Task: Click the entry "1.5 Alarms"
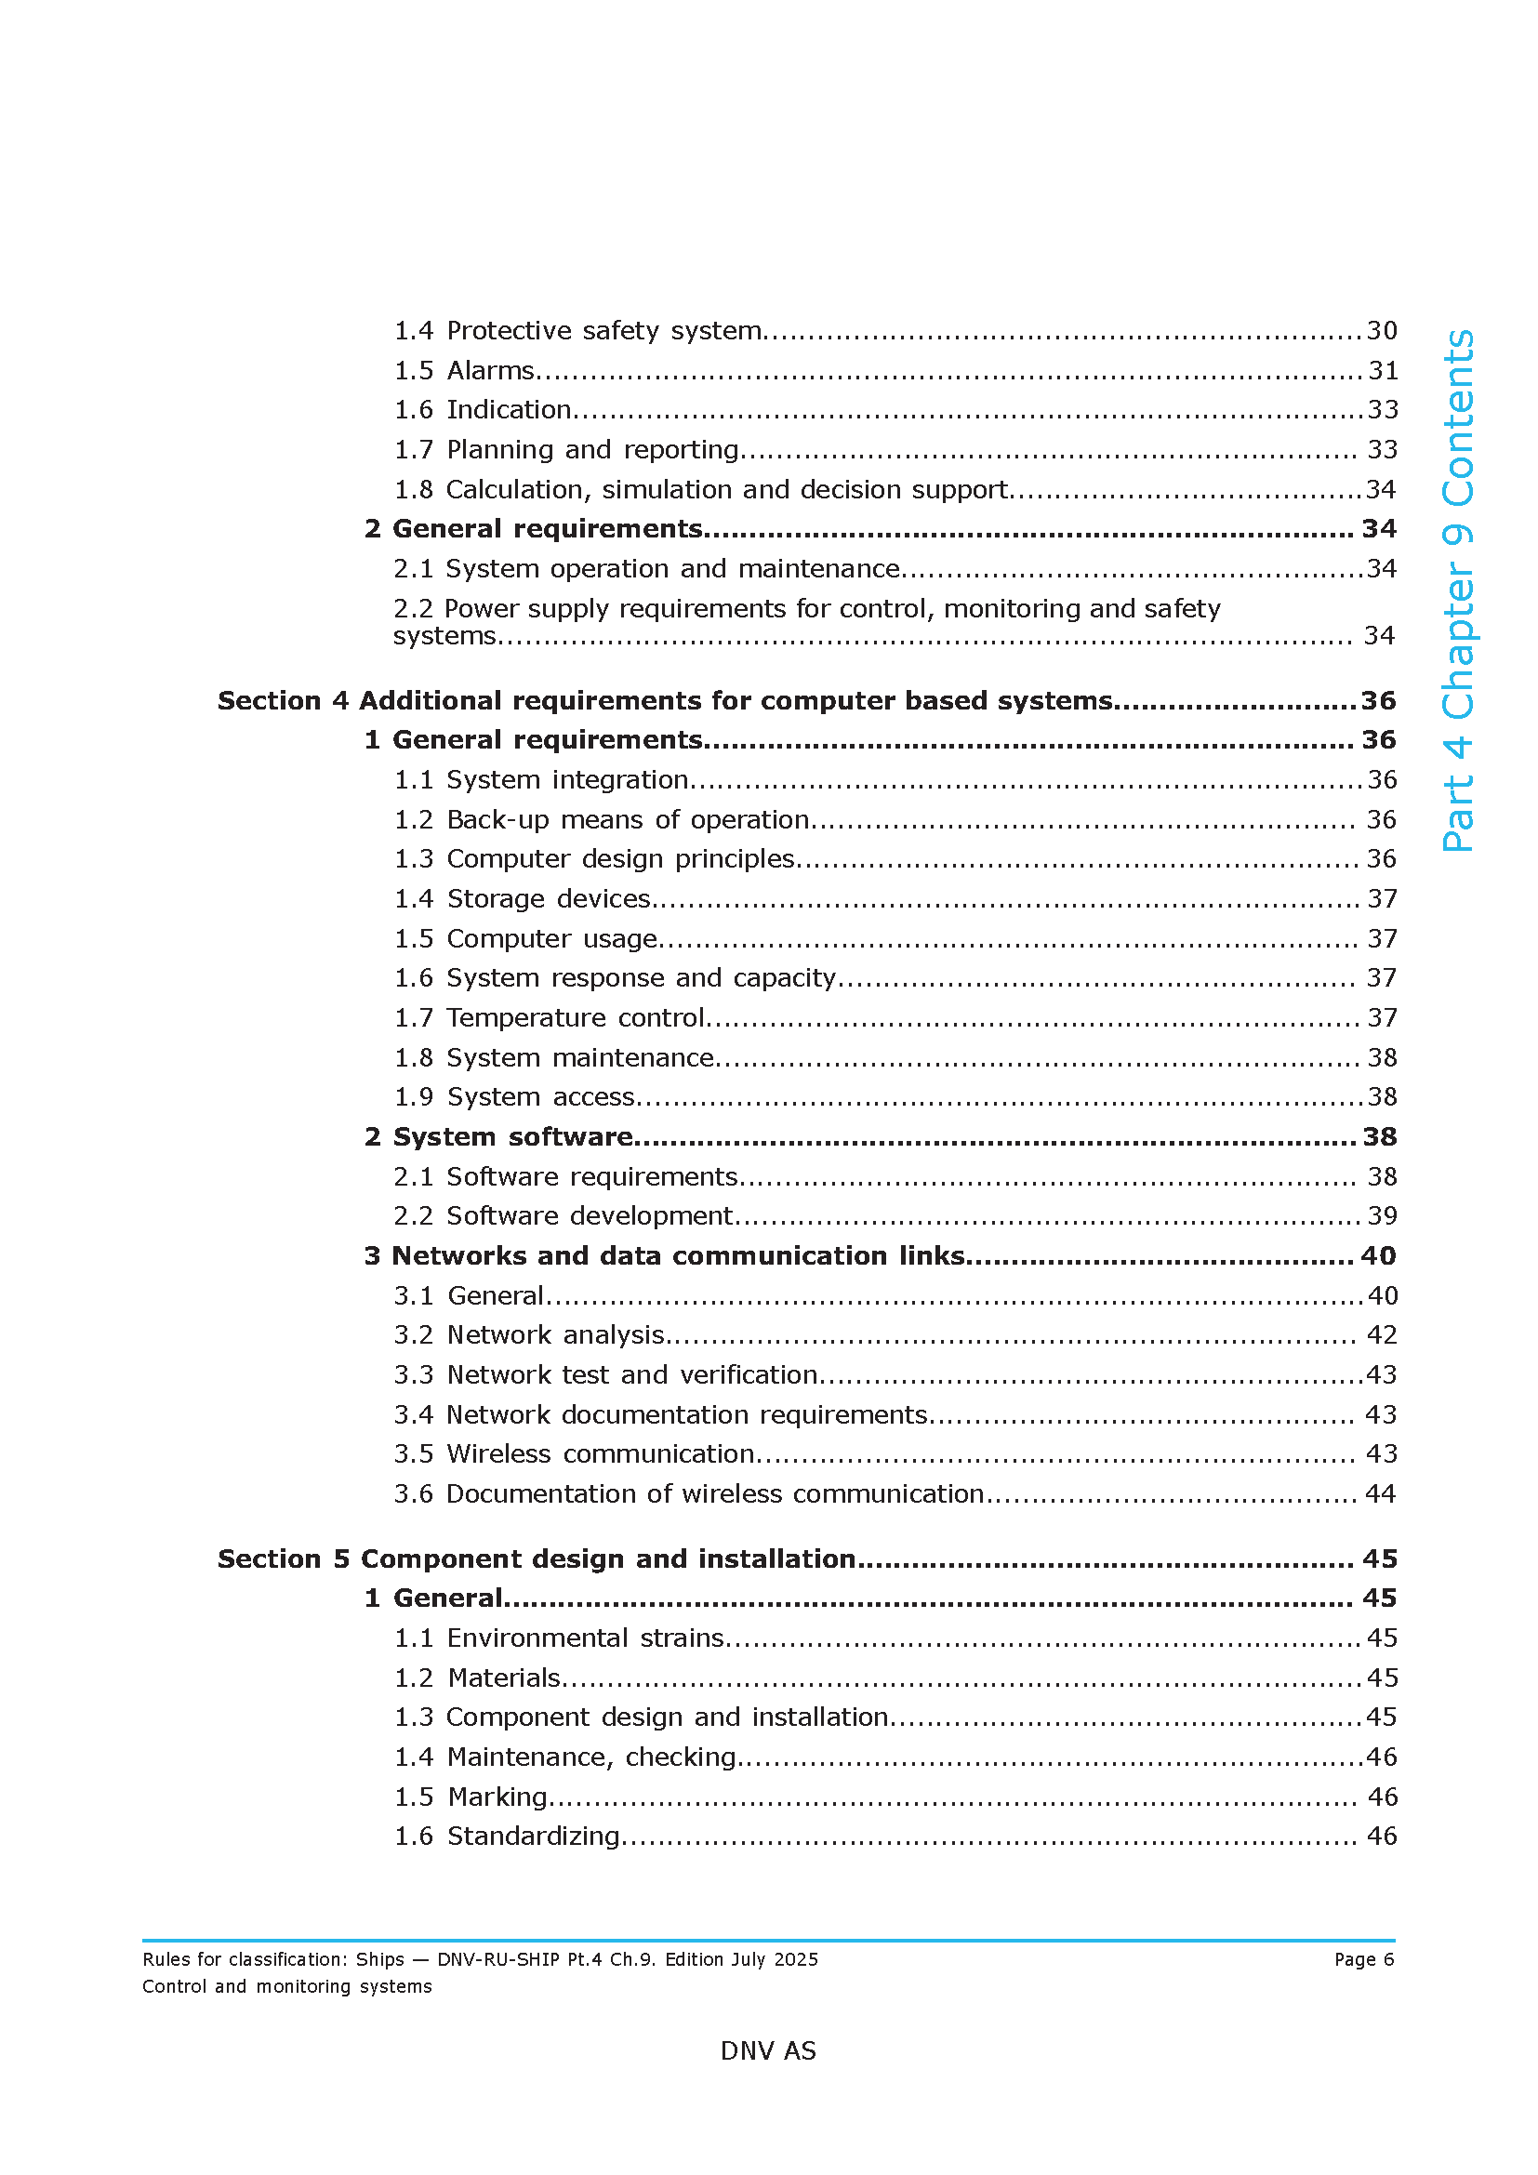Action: (x=464, y=370)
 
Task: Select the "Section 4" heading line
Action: (x=665, y=701)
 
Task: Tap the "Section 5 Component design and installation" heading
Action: (x=536, y=1558)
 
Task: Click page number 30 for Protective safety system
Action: (x=1382, y=331)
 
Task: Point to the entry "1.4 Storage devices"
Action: (x=522, y=898)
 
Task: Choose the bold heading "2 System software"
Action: (x=498, y=1136)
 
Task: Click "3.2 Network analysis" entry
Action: (x=528, y=1334)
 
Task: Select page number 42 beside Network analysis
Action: (x=1382, y=1334)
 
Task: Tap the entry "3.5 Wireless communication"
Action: (x=574, y=1453)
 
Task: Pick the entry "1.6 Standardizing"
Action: (x=507, y=1836)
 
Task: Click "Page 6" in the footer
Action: (x=1364, y=1959)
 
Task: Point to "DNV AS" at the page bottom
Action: (x=768, y=2051)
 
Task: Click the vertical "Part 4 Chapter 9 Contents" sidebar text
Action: (x=1458, y=590)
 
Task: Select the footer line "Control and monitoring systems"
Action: (x=287, y=1986)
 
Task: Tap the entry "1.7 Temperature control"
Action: (x=550, y=1017)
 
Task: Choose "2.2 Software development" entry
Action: (x=563, y=1215)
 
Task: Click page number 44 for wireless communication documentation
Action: (x=1380, y=1494)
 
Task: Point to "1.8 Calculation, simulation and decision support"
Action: (x=701, y=490)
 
